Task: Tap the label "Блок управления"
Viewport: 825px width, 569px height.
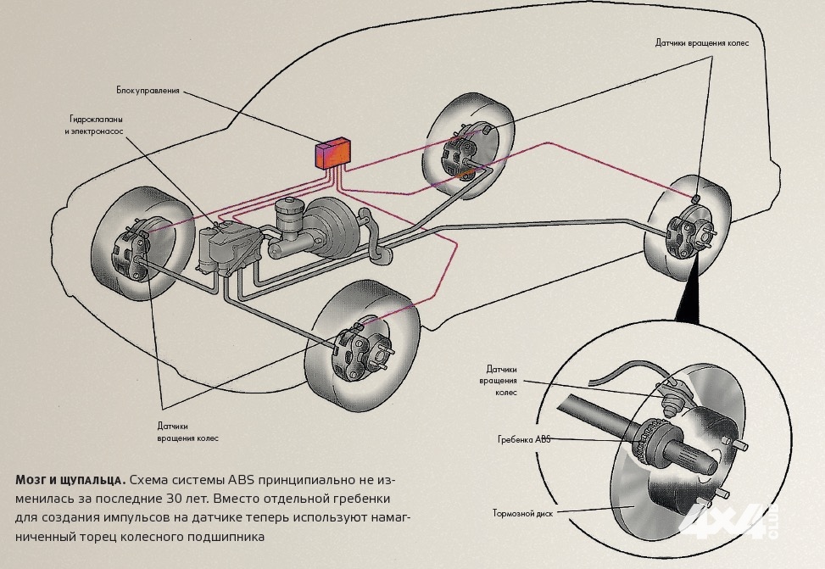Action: pyautogui.click(x=148, y=89)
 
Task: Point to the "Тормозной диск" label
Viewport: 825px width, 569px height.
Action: pyautogui.click(x=518, y=513)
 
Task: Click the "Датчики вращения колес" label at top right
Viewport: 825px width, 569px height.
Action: pyautogui.click(x=702, y=42)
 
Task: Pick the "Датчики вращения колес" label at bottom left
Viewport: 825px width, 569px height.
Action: pyautogui.click(x=187, y=432)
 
